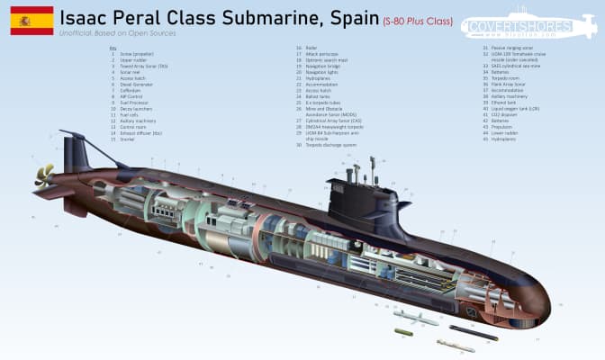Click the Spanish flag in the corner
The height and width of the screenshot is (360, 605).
(27, 20)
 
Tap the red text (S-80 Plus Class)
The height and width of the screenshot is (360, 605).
(416, 20)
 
